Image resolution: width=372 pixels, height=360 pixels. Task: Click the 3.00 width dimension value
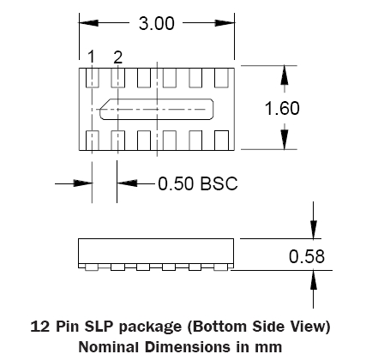coord(156,23)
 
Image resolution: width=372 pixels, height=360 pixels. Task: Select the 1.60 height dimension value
coord(282,108)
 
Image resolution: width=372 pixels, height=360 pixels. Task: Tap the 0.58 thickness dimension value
coord(307,256)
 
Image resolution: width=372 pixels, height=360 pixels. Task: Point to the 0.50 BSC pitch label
coord(198,183)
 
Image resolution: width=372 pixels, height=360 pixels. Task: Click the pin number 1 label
coord(91,57)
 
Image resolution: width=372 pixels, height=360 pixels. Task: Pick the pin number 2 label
coord(117,57)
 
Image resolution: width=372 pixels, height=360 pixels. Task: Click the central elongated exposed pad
coord(156,109)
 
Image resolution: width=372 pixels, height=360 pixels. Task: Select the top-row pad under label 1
coord(92,78)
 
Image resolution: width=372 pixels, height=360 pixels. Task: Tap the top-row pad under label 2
coord(117,78)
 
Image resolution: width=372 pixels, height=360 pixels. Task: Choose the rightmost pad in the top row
coord(221,78)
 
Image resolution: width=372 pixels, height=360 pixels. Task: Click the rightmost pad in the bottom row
coord(221,141)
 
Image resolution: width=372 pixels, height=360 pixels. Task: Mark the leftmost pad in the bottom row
coord(92,141)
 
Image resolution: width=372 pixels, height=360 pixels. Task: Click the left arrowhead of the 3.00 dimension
coord(88,23)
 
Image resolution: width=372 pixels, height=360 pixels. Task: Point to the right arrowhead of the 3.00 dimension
coord(225,23)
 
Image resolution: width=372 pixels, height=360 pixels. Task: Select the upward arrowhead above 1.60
coord(284,75)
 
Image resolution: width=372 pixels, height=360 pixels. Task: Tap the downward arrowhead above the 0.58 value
coord(314,229)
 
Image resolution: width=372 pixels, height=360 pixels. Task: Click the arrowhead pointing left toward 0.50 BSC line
coord(127,183)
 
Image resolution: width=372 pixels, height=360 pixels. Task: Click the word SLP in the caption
coord(99,327)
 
